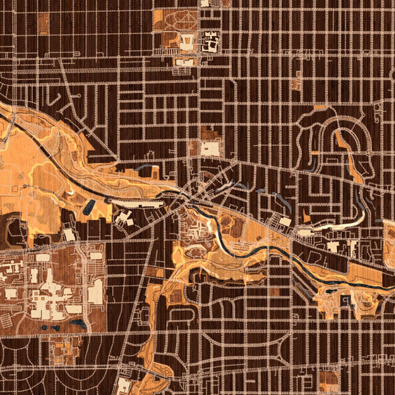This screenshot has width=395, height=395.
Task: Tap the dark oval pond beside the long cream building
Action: [88, 208]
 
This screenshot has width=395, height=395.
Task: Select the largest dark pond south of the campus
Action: [79, 324]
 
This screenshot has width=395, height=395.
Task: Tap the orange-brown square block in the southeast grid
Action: [327, 378]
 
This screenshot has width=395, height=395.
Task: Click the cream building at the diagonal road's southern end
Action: [124, 384]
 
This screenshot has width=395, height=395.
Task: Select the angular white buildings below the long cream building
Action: [125, 217]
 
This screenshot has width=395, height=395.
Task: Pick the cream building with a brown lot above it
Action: [211, 148]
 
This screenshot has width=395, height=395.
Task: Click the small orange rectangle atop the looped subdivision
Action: [321, 106]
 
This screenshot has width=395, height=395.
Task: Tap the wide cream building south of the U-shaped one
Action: [185, 61]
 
